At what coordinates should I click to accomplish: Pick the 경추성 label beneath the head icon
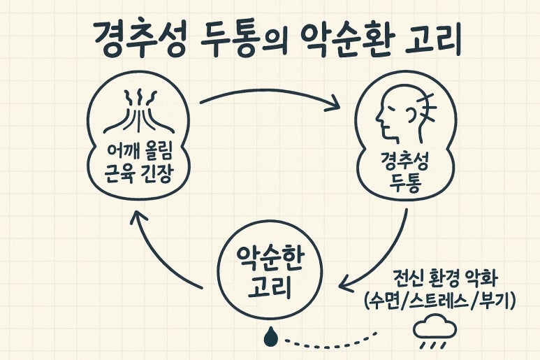[404, 160]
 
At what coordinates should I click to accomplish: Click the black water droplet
[270, 337]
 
